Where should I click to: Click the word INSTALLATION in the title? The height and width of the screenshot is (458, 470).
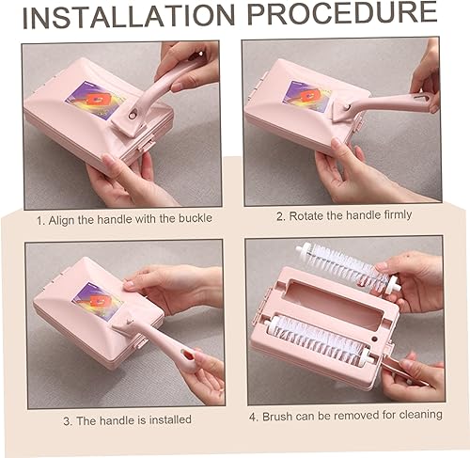coord(129,17)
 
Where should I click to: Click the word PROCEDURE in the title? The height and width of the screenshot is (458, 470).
coord(342,13)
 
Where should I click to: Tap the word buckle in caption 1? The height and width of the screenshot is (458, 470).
coord(196,218)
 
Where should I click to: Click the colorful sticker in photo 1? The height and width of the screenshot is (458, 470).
coord(95,100)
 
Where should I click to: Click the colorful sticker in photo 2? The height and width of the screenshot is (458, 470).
coord(306,96)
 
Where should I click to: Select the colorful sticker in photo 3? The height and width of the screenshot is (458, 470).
coord(98,301)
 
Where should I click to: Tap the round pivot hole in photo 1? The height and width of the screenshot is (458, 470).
coord(133,115)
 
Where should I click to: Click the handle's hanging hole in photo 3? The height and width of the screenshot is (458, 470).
coord(188,355)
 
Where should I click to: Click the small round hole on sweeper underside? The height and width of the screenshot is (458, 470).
coord(374,340)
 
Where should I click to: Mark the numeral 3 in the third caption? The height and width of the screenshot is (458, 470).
coord(67,421)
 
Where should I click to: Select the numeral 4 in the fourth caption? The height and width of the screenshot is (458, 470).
coord(253,418)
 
